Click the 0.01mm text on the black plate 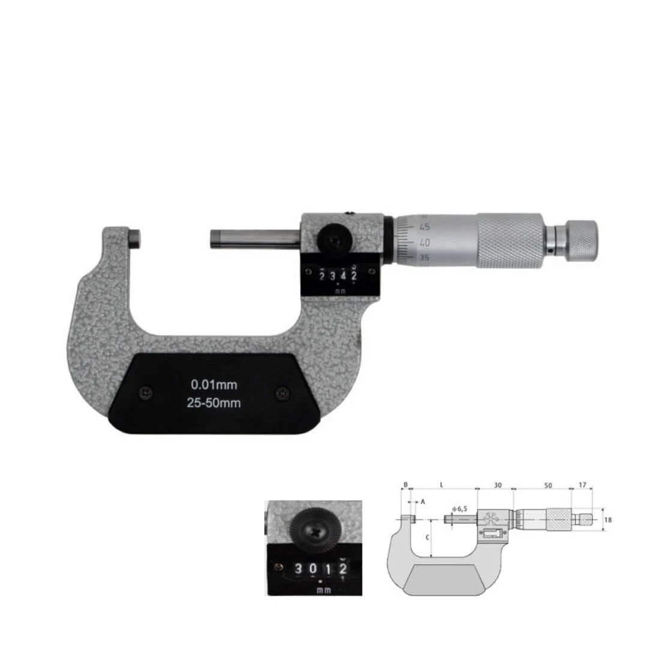click(214, 385)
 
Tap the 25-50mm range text click(214, 403)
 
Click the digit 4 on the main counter click(343, 275)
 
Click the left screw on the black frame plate click(145, 393)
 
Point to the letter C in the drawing click(427, 538)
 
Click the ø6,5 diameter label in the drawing click(460, 509)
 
